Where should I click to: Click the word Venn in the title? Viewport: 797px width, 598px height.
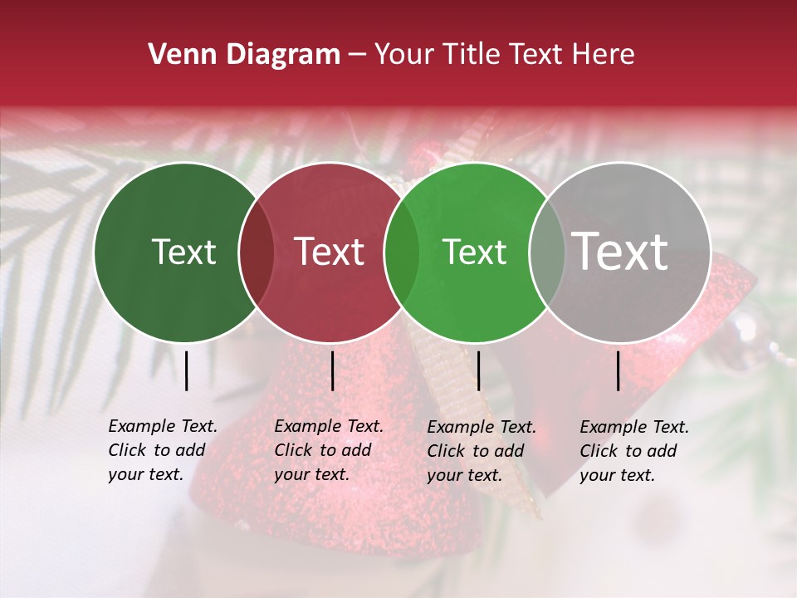pyautogui.click(x=183, y=55)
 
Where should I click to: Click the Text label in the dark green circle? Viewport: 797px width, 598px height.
pyautogui.click(x=183, y=252)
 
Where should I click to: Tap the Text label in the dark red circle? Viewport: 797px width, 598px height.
pyautogui.click(x=329, y=252)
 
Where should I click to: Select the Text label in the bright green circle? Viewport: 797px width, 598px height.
pyautogui.click(x=474, y=252)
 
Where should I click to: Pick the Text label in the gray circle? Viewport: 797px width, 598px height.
pyautogui.click(x=620, y=252)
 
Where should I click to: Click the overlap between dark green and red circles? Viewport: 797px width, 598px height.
pyautogui.click(x=257, y=252)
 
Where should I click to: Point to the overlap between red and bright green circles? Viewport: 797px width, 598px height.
pyautogui.click(x=402, y=252)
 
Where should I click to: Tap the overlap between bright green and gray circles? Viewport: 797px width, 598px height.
pyautogui.click(x=547, y=252)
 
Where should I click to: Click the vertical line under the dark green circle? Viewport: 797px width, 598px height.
pyautogui.click(x=187, y=370)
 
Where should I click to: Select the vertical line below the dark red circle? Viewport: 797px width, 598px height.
pyautogui.click(x=332, y=370)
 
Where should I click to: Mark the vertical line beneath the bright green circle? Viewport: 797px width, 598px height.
pyautogui.click(x=478, y=370)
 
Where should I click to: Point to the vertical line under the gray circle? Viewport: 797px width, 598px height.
pyautogui.click(x=619, y=370)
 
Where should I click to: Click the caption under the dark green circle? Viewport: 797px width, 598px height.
pyautogui.click(x=163, y=450)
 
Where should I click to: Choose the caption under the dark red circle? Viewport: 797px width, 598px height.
pyautogui.click(x=329, y=450)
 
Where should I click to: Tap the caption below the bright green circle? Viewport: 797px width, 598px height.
pyautogui.click(x=482, y=451)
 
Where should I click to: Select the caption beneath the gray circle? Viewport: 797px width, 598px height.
pyautogui.click(x=634, y=451)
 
